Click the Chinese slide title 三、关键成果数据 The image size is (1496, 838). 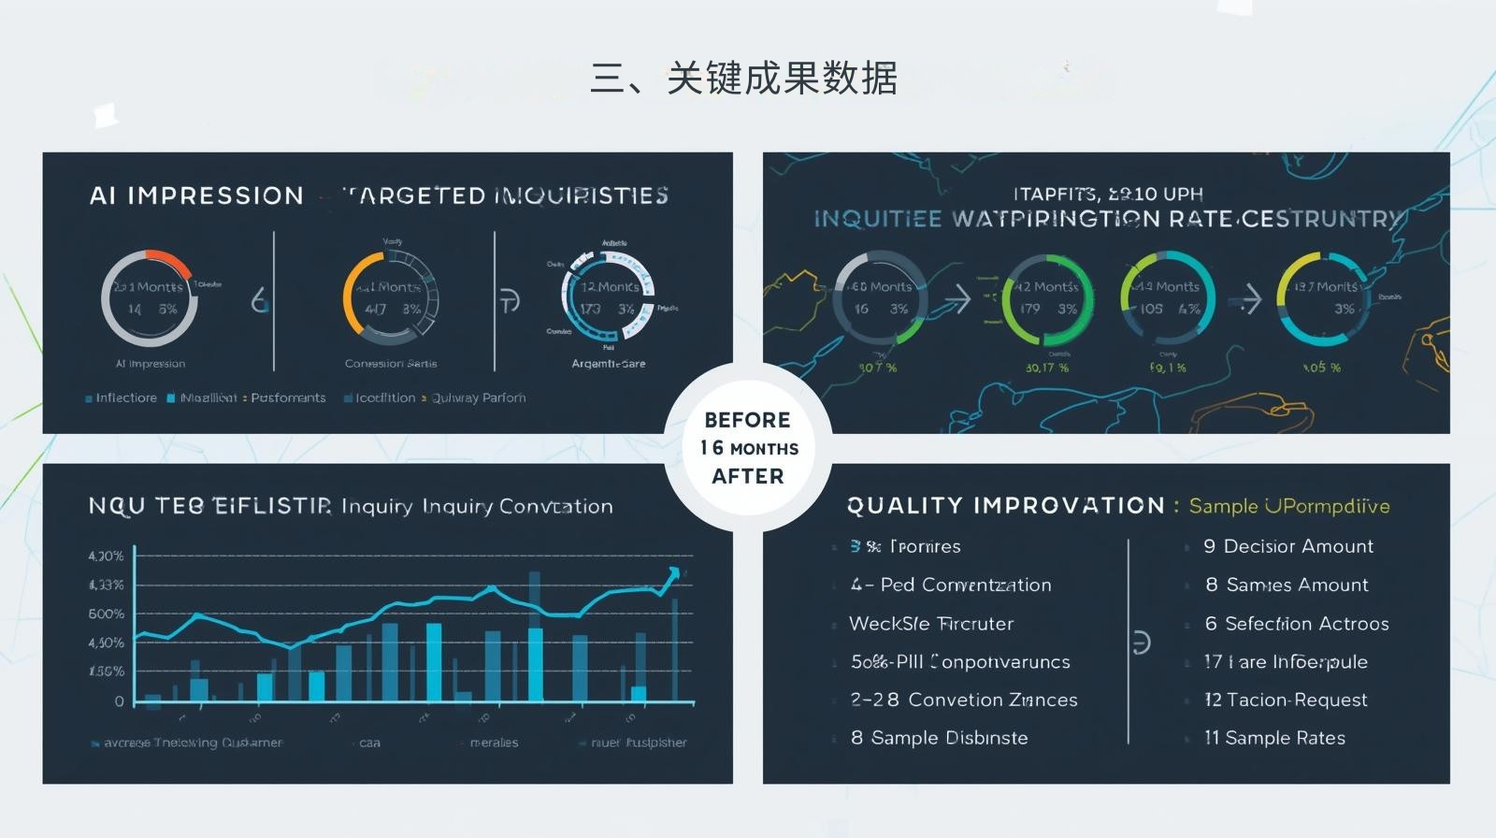point(743,79)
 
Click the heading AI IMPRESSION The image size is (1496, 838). point(196,195)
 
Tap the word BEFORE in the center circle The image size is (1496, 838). point(747,420)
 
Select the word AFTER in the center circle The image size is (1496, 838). point(747,476)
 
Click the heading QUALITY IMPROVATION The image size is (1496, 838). point(1005,506)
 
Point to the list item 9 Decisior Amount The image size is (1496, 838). point(1288,546)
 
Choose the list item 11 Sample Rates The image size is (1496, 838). point(1275,738)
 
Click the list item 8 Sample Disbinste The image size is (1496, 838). point(939,738)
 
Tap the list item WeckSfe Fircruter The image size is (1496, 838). point(930,624)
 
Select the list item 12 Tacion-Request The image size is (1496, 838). point(1286,700)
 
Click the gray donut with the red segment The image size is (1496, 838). point(150,298)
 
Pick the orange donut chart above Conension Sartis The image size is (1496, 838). point(390,298)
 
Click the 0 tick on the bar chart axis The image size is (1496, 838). point(119,701)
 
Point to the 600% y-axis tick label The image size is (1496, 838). point(106,614)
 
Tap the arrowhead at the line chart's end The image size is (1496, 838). point(674,572)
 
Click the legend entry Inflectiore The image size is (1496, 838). point(125,398)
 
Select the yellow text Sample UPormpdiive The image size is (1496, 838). point(1288,506)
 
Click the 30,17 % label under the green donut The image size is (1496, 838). point(1046,368)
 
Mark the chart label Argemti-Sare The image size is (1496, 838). point(608,364)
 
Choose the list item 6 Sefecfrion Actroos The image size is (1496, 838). point(1296,624)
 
